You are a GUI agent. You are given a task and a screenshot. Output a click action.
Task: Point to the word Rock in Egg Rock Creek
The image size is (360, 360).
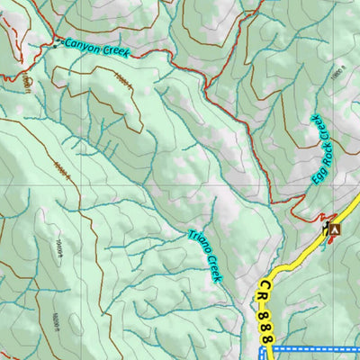click(321, 153)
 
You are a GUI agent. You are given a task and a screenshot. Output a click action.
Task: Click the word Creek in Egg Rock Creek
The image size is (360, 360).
click(326, 128)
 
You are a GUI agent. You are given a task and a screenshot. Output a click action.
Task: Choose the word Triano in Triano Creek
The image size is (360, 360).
click(198, 244)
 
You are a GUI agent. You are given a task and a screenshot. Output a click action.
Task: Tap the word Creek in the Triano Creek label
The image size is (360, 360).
click(212, 267)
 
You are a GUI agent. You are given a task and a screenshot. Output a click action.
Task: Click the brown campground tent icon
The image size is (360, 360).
click(335, 230)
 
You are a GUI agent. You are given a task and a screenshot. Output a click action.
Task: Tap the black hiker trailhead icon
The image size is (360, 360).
click(324, 230)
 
